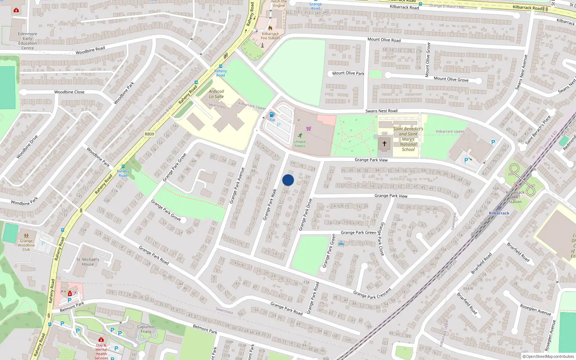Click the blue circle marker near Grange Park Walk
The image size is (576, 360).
(x=288, y=180)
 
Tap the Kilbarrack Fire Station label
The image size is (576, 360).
(x=270, y=36)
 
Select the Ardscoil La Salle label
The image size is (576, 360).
(x=216, y=94)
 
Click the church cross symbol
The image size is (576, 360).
(x=384, y=144)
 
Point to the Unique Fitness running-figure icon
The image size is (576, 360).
(x=300, y=135)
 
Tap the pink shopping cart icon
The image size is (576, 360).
(x=309, y=129)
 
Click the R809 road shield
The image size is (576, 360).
(x=149, y=134)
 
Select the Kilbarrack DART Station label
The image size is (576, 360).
(x=515, y=197)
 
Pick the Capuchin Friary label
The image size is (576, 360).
(x=146, y=329)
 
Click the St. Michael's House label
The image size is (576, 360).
(x=88, y=262)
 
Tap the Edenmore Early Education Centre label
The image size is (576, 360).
(x=28, y=41)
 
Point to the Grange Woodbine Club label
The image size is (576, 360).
(x=26, y=245)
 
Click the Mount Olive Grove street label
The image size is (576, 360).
(x=451, y=79)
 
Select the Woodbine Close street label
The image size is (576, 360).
(x=69, y=92)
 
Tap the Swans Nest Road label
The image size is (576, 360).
(x=381, y=111)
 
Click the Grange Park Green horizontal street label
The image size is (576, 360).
(x=358, y=233)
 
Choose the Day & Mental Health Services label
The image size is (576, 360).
(x=101, y=352)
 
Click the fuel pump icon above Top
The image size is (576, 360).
(x=272, y=114)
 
